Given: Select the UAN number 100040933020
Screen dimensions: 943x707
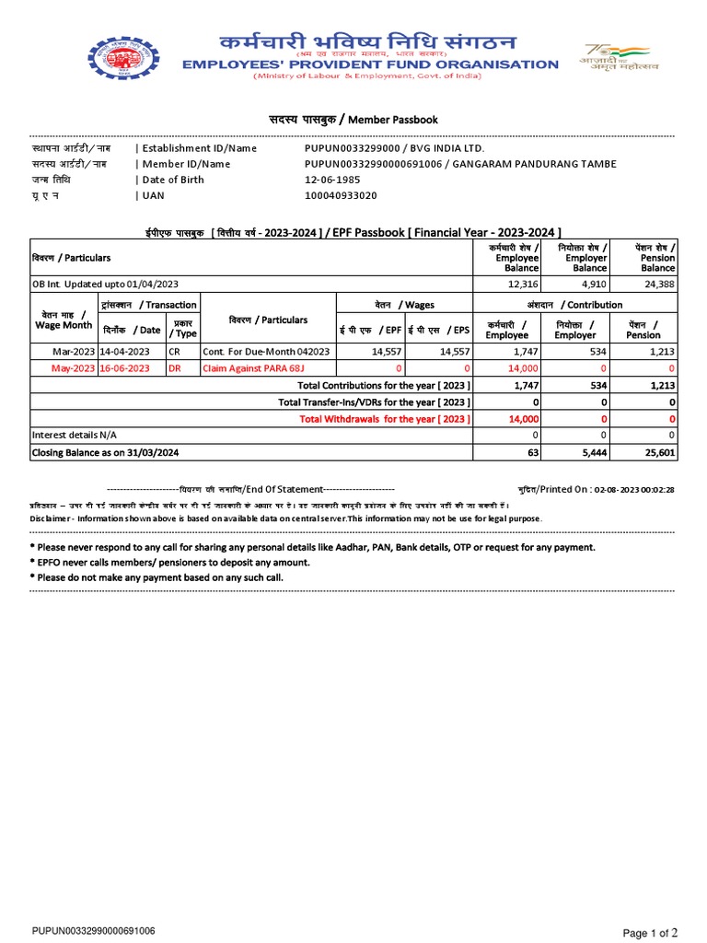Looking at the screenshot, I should coord(341,195).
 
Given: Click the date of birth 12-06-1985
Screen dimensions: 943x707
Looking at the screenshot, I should coord(330,180).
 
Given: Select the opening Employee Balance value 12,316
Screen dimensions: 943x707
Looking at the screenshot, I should coord(519,284).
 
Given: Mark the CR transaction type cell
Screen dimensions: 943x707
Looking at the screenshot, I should coord(174,352).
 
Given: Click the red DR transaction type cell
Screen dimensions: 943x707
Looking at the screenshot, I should coord(174,368).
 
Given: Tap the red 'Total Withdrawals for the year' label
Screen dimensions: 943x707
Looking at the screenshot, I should coord(385,419).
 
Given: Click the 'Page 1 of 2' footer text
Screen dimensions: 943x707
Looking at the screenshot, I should coord(651,933).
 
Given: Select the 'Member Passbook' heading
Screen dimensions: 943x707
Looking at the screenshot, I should coord(353,120).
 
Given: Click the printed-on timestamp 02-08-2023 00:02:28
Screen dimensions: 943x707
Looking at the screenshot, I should coord(634,490).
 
